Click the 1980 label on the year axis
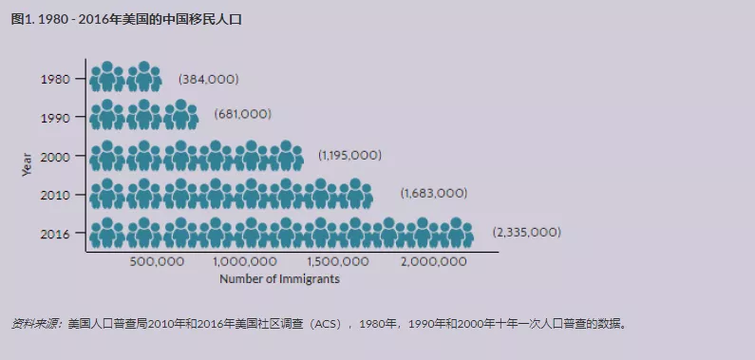pos(56,79)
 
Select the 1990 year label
pos(56,118)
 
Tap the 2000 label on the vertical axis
pos(56,156)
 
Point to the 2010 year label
pos(56,195)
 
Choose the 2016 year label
pos(56,233)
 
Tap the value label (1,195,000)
pos(349,154)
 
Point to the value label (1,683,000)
pos(433,193)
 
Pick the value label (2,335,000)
pos(526,232)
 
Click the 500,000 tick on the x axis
pos(157,261)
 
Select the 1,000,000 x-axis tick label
pos(246,261)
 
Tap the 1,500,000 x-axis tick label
pos(339,261)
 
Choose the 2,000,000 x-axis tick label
pos(433,261)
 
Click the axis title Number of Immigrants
pos(279,279)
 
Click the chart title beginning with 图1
pos(126,18)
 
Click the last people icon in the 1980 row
pos(143,77)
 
